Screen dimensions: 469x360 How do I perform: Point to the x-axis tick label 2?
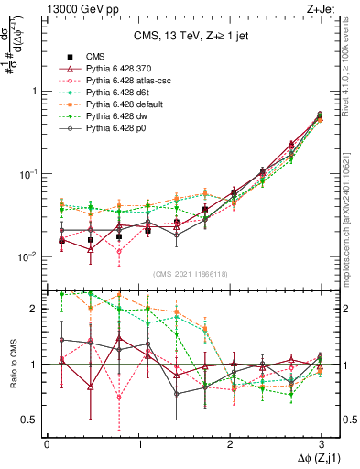click(x=229, y=443)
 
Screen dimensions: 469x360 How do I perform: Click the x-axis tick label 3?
click(x=321, y=443)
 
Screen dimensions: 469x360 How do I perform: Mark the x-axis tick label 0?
click(x=47, y=443)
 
